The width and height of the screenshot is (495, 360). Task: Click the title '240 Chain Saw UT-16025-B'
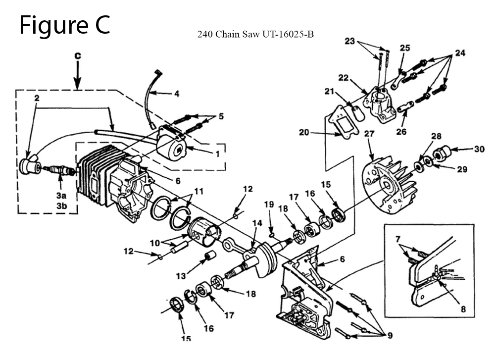tap(255, 34)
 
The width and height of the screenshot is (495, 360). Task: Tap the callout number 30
tap(479, 149)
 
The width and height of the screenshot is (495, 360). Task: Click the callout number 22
tap(343, 78)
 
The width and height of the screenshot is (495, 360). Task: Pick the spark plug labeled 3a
tap(60, 170)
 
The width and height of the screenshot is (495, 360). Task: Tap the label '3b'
tap(62, 206)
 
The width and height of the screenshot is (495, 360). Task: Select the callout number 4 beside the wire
tap(177, 94)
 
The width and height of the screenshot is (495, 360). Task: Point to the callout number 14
tap(257, 223)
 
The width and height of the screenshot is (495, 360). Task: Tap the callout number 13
tap(181, 276)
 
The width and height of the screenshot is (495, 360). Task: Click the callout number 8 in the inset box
tap(463, 309)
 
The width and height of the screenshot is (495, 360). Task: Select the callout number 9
tap(390, 335)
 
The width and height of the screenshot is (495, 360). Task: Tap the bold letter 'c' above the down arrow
tap(78, 55)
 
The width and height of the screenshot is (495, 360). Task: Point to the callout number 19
tap(269, 205)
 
